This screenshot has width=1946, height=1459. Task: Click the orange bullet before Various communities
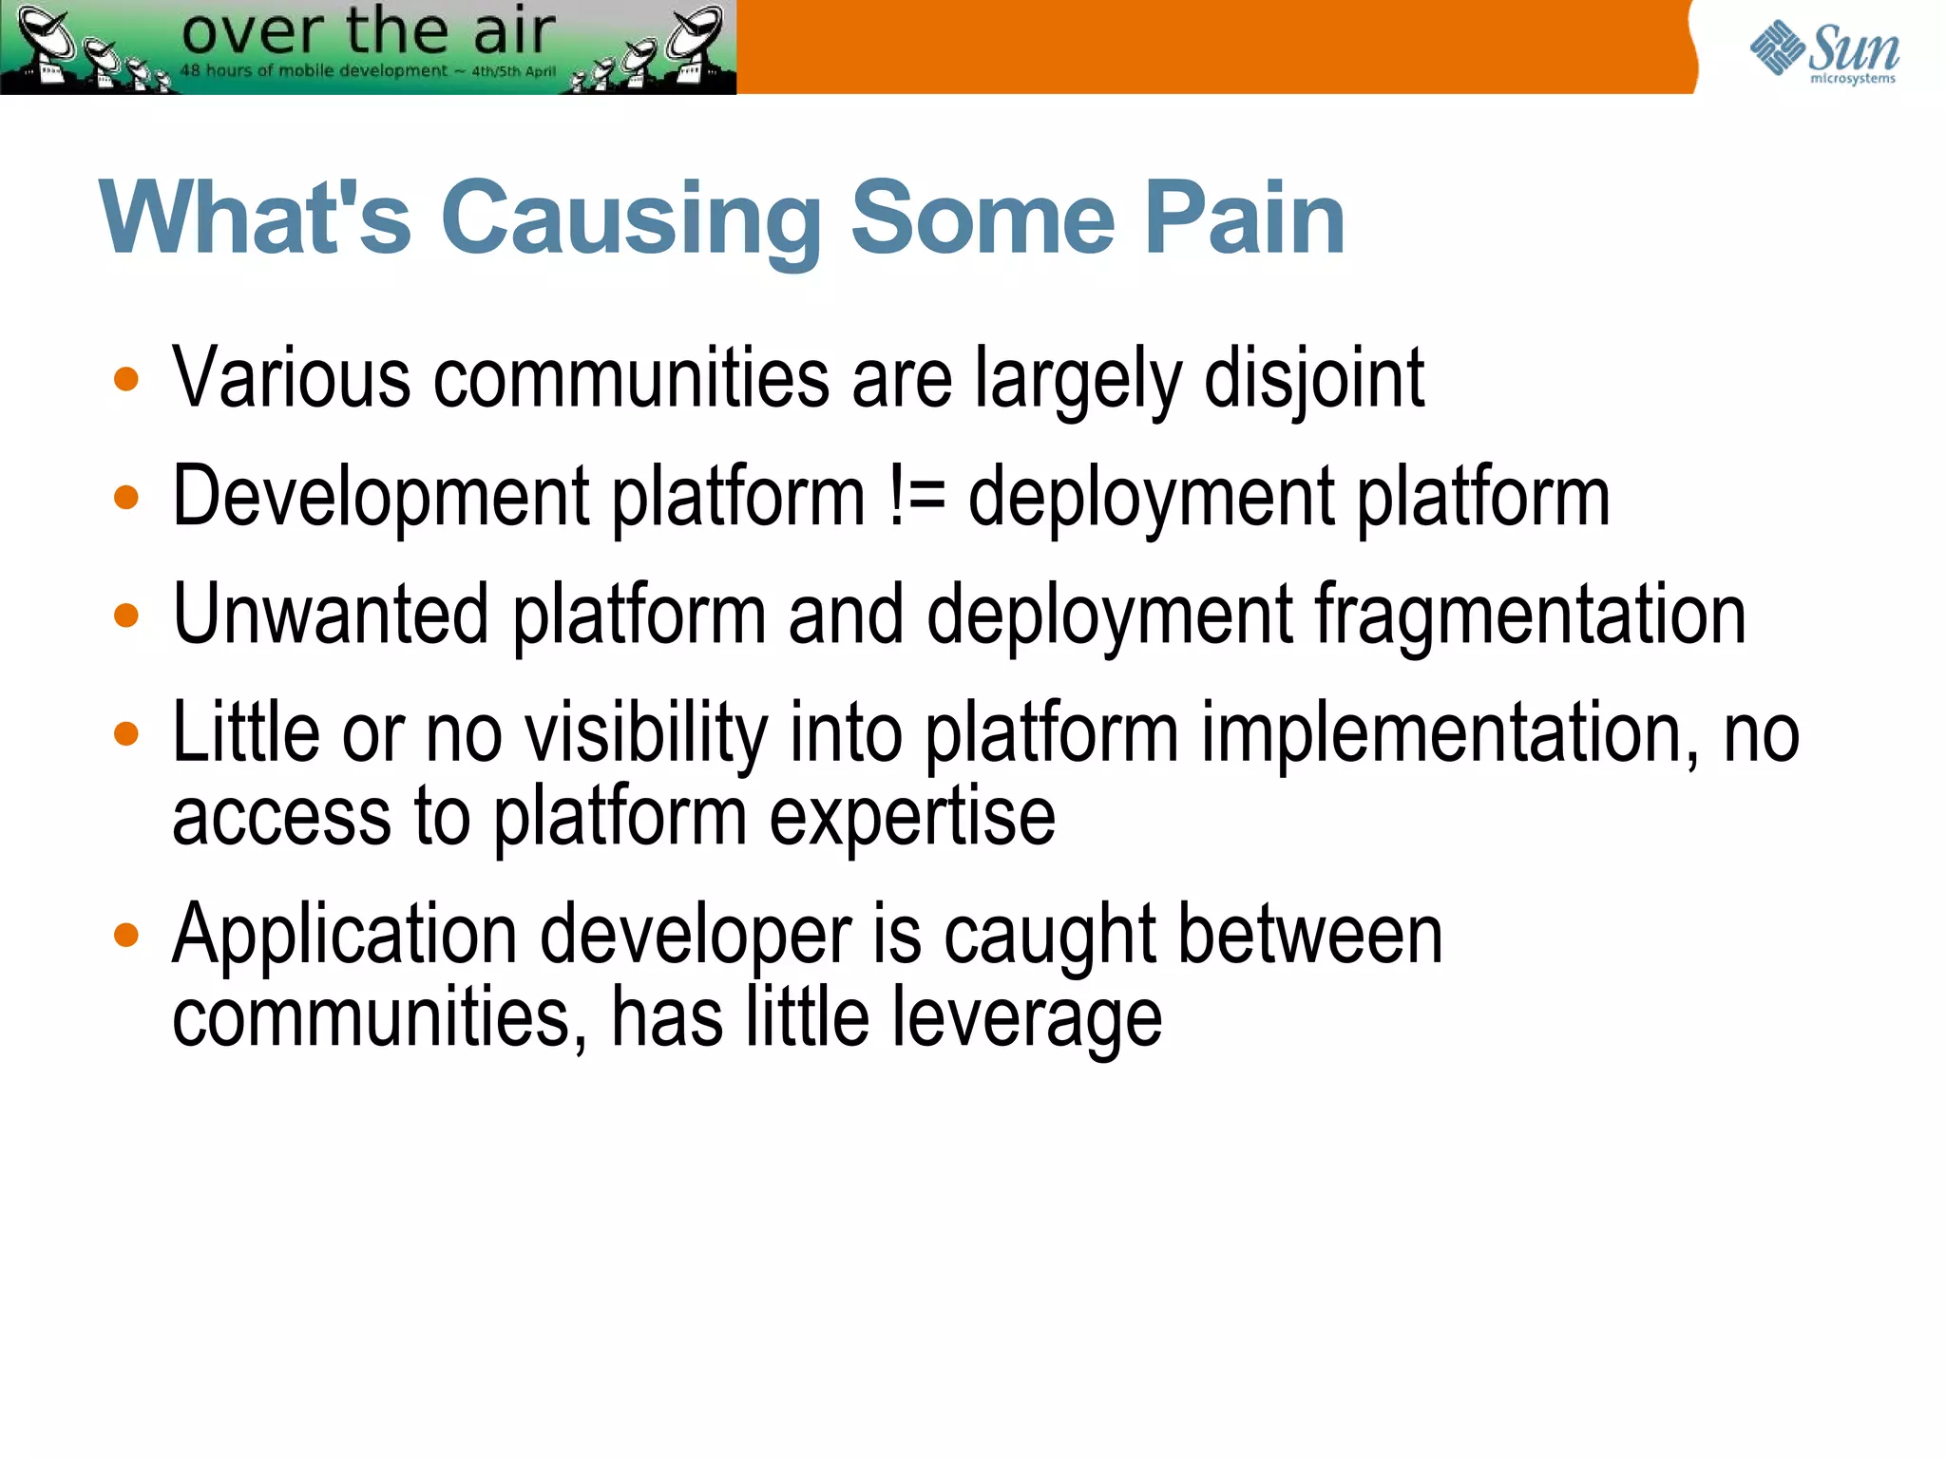(125, 380)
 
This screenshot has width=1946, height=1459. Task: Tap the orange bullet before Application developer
(125, 936)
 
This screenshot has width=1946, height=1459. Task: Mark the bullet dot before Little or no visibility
(125, 733)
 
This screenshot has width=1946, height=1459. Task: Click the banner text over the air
(368, 30)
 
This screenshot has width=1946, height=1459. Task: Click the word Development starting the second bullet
(381, 497)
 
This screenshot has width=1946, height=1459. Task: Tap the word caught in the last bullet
(1050, 937)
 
